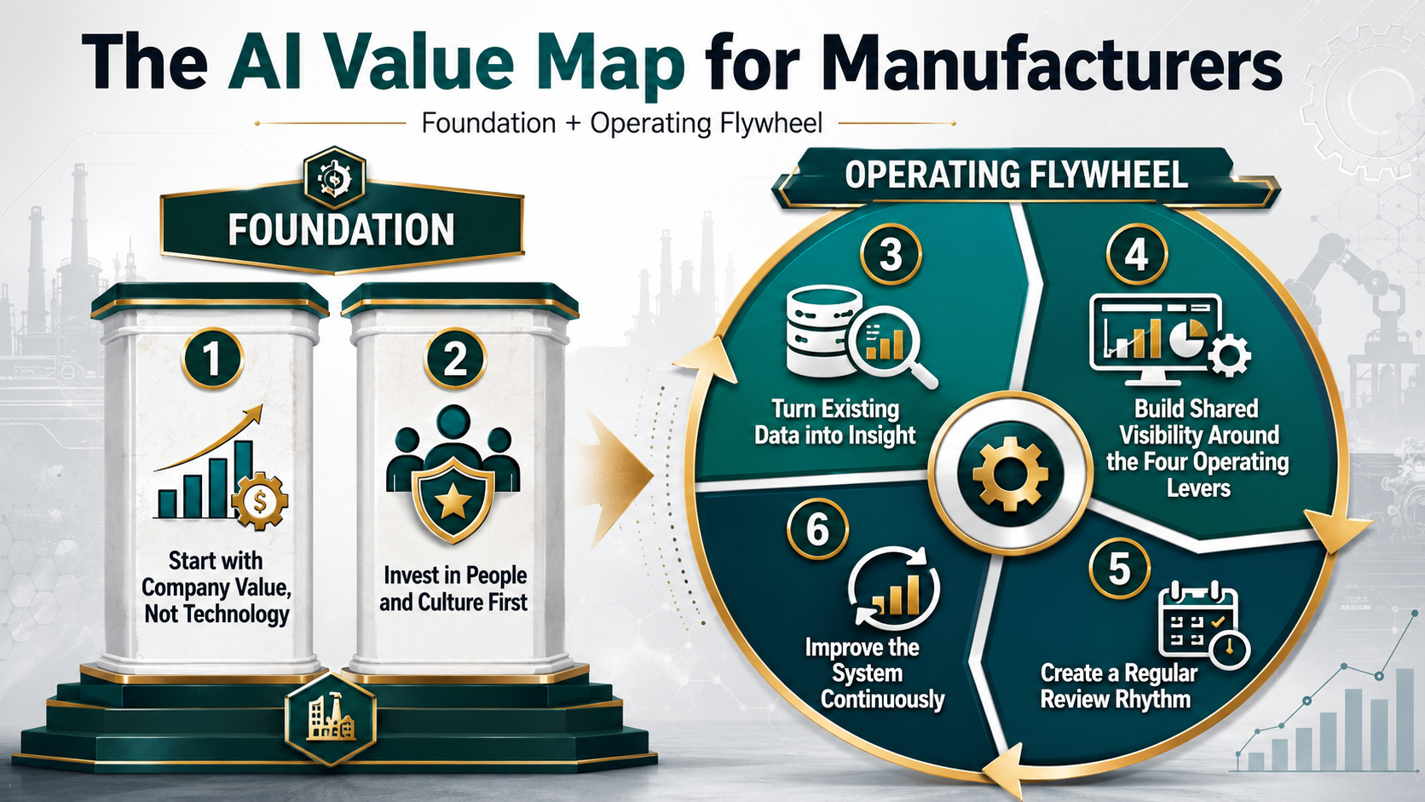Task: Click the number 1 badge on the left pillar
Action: tap(212, 359)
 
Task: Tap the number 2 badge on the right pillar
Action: tap(455, 359)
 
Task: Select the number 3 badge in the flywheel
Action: tap(891, 255)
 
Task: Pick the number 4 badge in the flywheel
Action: tap(1137, 255)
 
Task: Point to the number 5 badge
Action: tap(1120, 568)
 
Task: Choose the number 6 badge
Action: tap(817, 529)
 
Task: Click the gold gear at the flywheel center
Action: tap(1010, 474)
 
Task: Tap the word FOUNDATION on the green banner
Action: tap(342, 229)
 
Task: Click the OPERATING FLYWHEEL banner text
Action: tap(1016, 175)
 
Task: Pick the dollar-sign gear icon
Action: tap(260, 502)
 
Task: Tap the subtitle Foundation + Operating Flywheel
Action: tap(621, 124)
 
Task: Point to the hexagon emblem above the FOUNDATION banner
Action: tap(335, 177)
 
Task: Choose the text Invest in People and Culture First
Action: tap(453, 588)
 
